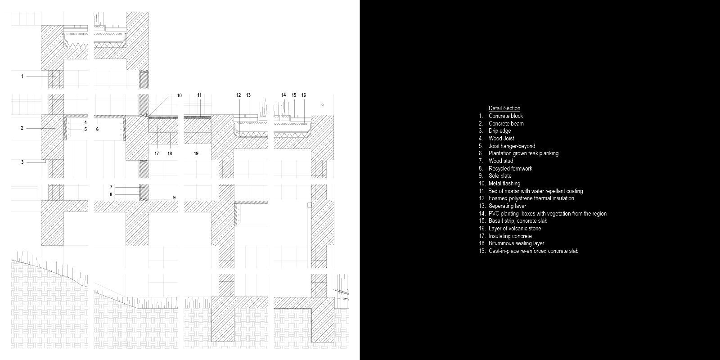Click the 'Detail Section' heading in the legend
(504, 108)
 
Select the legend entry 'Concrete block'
(506, 116)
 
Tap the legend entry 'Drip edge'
(499, 131)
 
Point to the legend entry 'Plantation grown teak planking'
(523, 153)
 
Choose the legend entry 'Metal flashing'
(504, 184)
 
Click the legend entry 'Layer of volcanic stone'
(515, 229)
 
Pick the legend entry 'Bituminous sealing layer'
(516, 243)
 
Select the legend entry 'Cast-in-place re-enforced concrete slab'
(533, 251)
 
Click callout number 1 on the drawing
(22, 76)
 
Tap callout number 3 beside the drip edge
(22, 162)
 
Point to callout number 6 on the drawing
(97, 129)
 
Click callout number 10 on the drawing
(180, 95)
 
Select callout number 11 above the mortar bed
(199, 95)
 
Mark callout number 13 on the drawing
(248, 95)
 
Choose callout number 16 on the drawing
(304, 95)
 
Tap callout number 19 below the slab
(196, 153)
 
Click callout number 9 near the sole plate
(174, 198)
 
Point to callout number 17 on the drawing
(157, 153)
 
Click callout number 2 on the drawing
(22, 128)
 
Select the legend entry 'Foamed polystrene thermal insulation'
(531, 198)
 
